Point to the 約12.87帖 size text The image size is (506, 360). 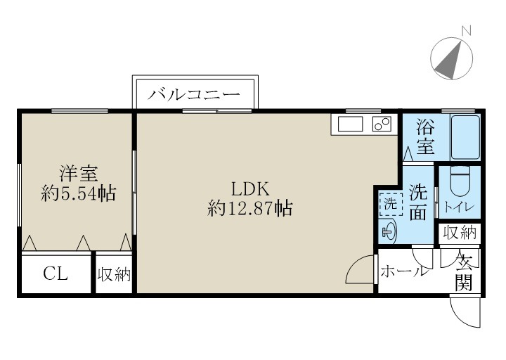coord(249,208)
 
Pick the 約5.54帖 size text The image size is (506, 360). coord(78,193)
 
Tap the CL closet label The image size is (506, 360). coord(56,274)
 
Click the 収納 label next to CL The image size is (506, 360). coord(114,274)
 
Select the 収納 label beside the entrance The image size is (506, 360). coord(460,232)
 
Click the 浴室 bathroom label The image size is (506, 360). coord(425,138)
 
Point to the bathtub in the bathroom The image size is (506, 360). coord(465,136)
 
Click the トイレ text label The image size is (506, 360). coord(460,207)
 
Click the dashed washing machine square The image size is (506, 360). coord(389,204)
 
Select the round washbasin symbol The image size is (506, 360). coord(389,230)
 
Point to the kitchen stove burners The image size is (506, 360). coord(382,124)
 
